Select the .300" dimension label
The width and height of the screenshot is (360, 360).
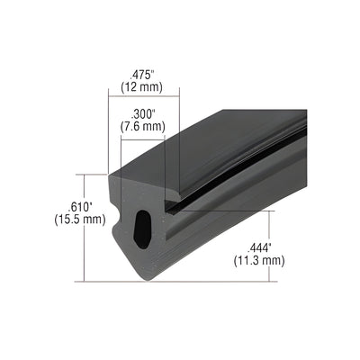tap(140, 113)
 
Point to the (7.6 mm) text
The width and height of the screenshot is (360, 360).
tap(141, 127)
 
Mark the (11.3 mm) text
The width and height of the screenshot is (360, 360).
tap(259, 261)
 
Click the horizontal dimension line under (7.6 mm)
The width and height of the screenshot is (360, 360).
tap(141, 136)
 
